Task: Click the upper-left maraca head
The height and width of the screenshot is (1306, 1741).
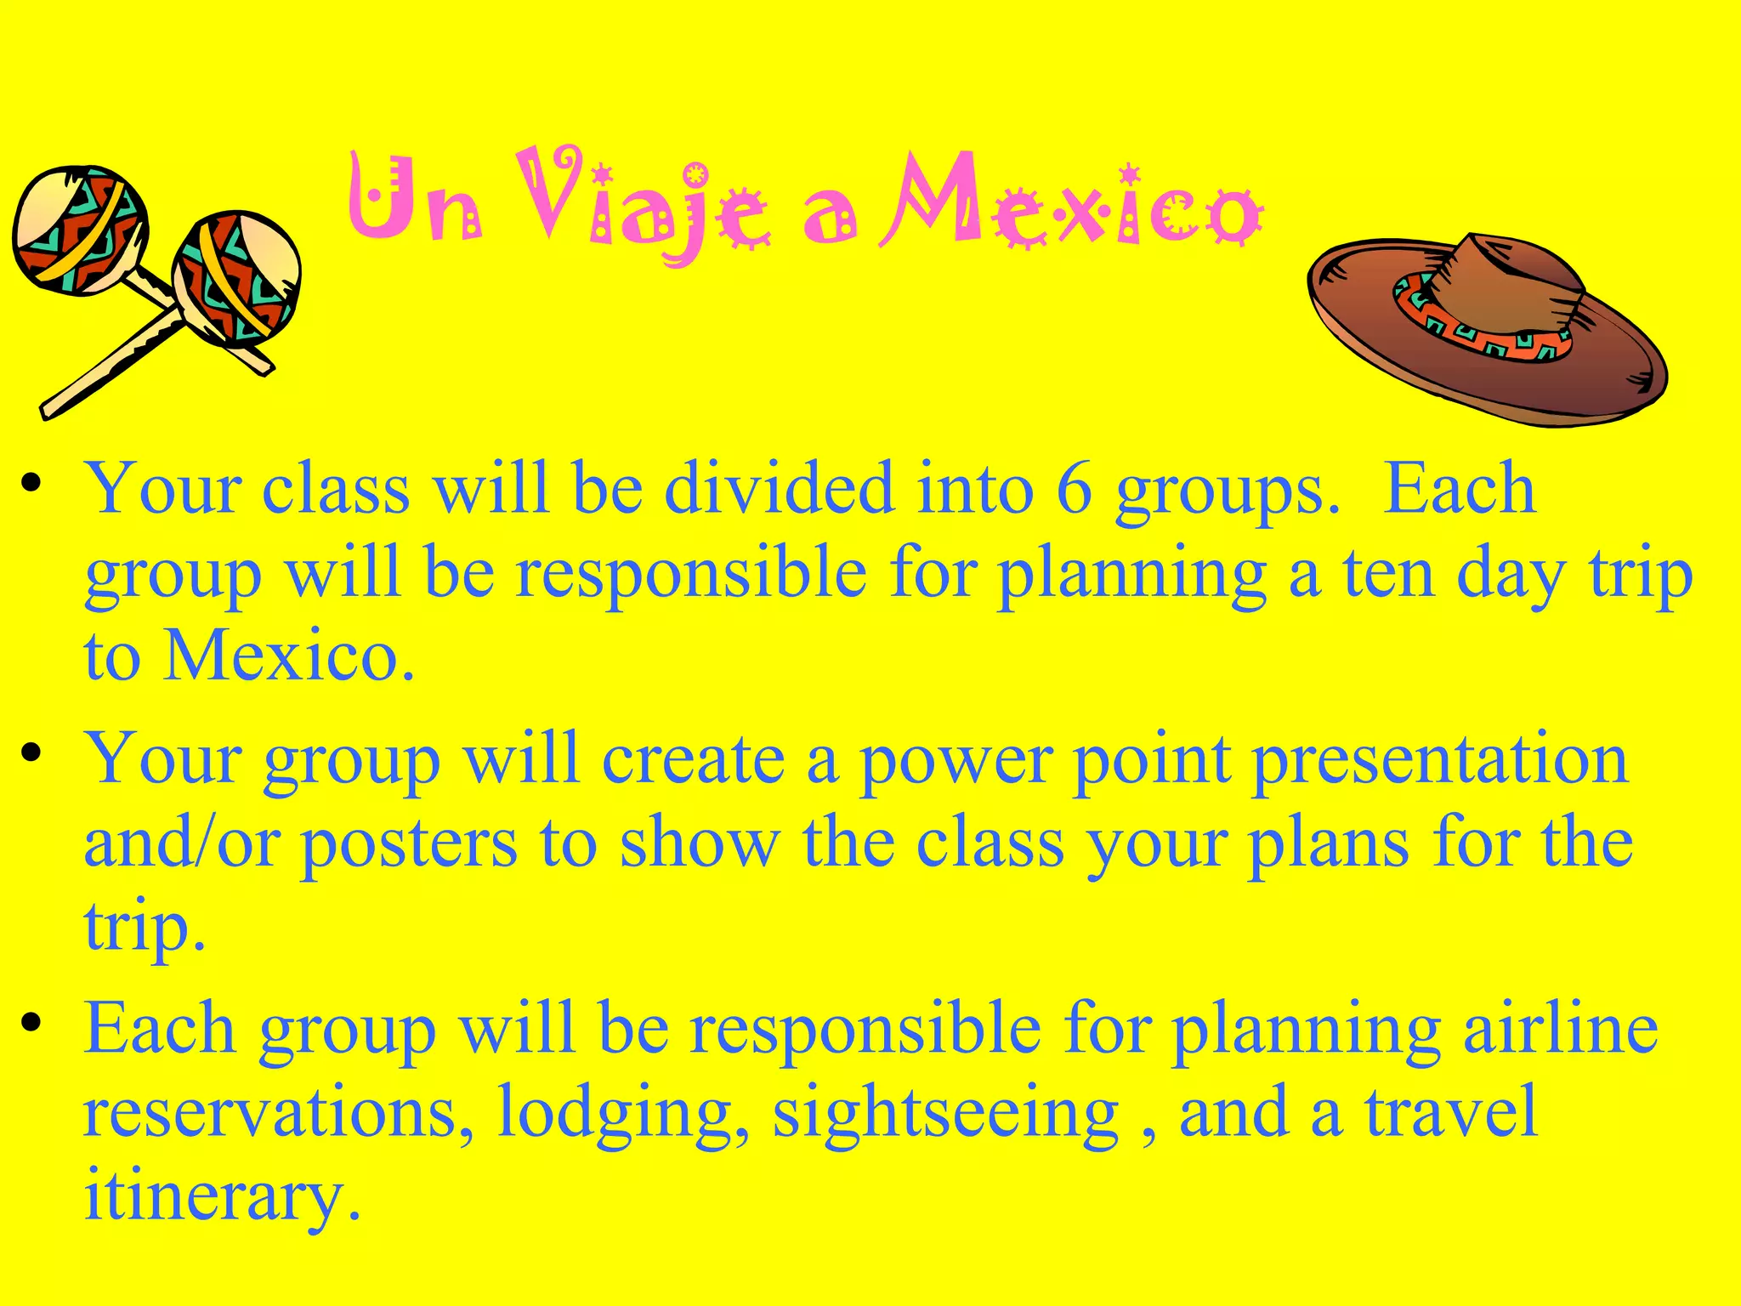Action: (x=78, y=230)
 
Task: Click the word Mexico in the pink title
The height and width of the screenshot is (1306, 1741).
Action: (x=1071, y=204)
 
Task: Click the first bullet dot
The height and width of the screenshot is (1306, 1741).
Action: (x=31, y=484)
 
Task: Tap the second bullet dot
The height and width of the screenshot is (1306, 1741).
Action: (x=31, y=753)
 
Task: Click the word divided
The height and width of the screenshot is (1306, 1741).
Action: (x=779, y=491)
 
